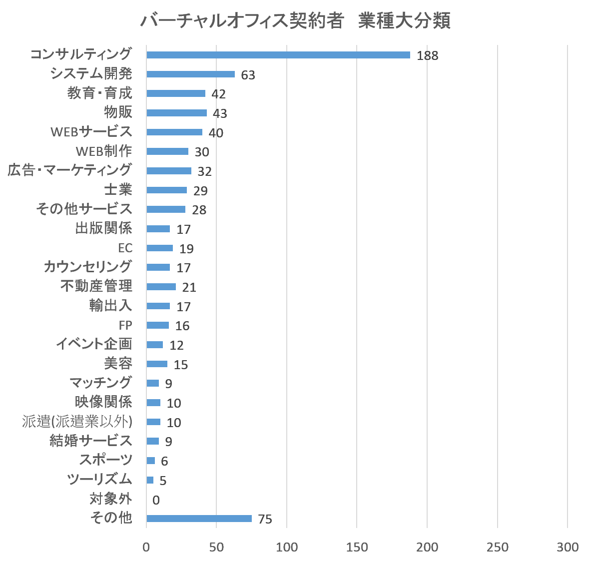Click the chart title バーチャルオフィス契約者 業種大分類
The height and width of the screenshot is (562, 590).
tap(295, 21)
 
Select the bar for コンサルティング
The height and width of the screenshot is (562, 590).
tap(278, 55)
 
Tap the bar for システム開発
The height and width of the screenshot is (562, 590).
tap(190, 74)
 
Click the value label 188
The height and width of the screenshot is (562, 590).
tap(428, 55)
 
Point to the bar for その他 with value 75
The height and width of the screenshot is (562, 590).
tap(199, 519)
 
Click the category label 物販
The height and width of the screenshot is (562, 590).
tap(118, 112)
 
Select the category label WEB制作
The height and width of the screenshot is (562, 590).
tap(104, 151)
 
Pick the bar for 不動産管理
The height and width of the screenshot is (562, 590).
tap(161, 287)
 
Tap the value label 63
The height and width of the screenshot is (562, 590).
tap(248, 75)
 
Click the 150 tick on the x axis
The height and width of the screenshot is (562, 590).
tap(357, 548)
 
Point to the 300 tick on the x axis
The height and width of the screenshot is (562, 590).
tap(568, 548)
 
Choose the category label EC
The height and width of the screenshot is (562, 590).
tap(125, 248)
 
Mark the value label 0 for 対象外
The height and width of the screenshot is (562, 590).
tap(156, 500)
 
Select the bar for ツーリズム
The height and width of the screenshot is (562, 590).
tap(150, 480)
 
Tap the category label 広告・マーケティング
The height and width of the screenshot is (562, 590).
tap(70, 170)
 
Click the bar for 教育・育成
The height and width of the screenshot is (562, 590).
tap(176, 93)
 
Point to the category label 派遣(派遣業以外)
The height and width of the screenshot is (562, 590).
tap(77, 422)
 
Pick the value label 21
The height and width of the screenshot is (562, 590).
tap(189, 287)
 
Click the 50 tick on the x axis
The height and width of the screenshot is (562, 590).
tap(216, 548)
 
